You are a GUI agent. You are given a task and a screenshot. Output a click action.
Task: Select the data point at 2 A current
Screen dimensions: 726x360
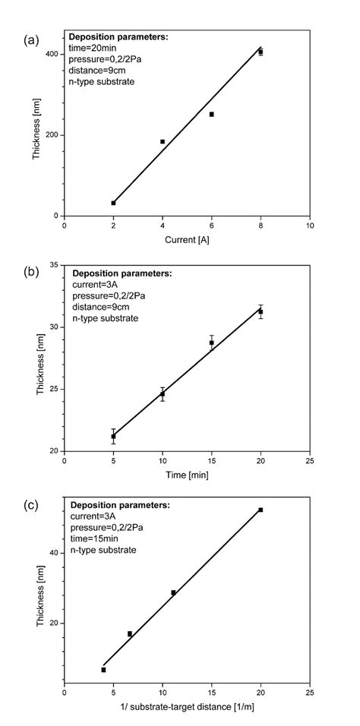[113, 203]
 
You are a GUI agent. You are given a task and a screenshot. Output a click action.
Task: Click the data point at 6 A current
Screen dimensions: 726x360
[211, 114]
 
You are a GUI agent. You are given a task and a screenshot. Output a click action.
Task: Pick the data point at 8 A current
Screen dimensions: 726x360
[261, 52]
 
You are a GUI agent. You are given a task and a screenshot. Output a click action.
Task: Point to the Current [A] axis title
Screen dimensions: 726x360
[187, 240]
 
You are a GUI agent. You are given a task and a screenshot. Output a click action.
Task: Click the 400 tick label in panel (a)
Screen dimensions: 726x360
[52, 54]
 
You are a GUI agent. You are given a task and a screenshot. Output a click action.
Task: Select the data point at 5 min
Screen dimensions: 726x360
[113, 436]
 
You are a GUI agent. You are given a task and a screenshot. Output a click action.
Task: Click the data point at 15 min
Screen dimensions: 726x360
[211, 342]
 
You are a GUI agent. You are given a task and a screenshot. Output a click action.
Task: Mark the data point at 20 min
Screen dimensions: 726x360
[261, 311]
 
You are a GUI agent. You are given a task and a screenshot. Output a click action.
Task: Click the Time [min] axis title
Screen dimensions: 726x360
[187, 475]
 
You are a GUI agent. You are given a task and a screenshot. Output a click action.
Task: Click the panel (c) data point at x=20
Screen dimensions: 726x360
[261, 510]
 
